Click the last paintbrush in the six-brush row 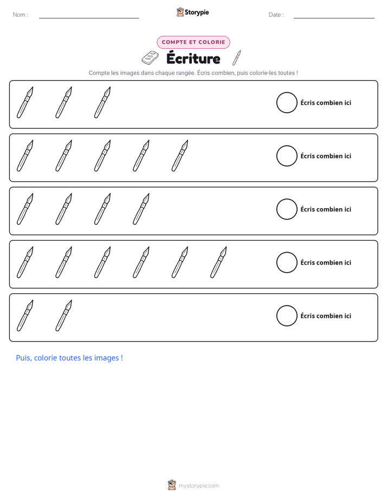pos(218,262)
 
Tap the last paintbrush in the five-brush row pos(180,156)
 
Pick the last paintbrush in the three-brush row pos(102,102)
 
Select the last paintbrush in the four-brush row pos(141,209)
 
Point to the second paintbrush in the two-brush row pos(63,316)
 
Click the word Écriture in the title pos(193,59)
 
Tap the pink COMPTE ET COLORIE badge pos(193,42)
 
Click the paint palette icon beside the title pos(150,57)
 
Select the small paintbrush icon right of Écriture pos(236,58)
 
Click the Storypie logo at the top pos(192,12)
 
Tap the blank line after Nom pos(89,18)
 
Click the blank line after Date pos(334,18)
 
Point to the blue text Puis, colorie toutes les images pos(69,358)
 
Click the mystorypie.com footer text pos(198,486)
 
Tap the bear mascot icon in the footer pos(172,485)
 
